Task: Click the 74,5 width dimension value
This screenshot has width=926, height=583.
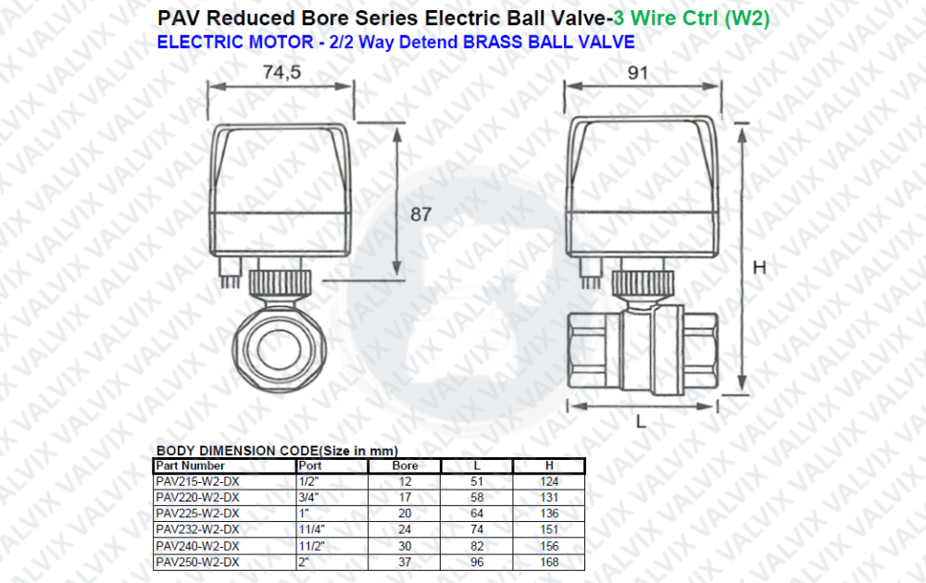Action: click(282, 72)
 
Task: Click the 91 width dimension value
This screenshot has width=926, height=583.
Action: click(638, 72)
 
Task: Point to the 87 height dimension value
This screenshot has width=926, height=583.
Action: click(421, 214)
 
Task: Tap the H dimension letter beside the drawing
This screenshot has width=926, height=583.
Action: click(759, 267)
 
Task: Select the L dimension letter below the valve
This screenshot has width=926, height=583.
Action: click(641, 421)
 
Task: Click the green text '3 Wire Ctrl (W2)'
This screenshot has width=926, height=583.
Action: click(692, 19)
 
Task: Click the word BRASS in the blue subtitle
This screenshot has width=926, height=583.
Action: click(494, 43)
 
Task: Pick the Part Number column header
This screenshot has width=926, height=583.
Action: click(190, 465)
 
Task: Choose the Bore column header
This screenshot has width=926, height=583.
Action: click(406, 465)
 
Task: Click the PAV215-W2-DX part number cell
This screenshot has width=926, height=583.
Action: click(198, 481)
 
